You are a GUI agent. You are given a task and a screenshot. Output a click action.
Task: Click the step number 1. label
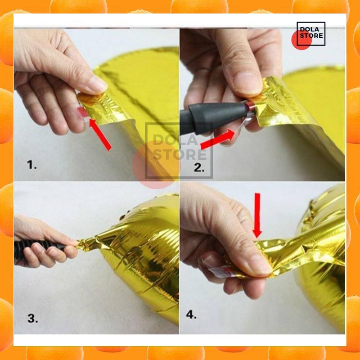click(x=31, y=165)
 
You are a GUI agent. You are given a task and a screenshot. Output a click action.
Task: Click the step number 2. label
click(x=199, y=167)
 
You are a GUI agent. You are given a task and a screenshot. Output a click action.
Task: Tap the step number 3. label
click(x=32, y=318)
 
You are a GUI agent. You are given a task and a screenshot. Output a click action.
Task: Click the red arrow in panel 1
click(x=100, y=134)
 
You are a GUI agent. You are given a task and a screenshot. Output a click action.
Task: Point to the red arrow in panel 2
click(x=218, y=139)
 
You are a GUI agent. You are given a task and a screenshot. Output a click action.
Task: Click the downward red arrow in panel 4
click(x=257, y=215)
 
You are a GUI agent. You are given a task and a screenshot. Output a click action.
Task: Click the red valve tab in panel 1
click(x=82, y=112)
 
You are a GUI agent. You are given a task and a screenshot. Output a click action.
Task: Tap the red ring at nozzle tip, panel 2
click(x=250, y=106)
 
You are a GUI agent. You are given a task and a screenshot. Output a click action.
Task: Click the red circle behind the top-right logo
click(x=301, y=40)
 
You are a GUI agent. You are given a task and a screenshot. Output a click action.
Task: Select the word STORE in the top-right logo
click(x=311, y=36)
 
